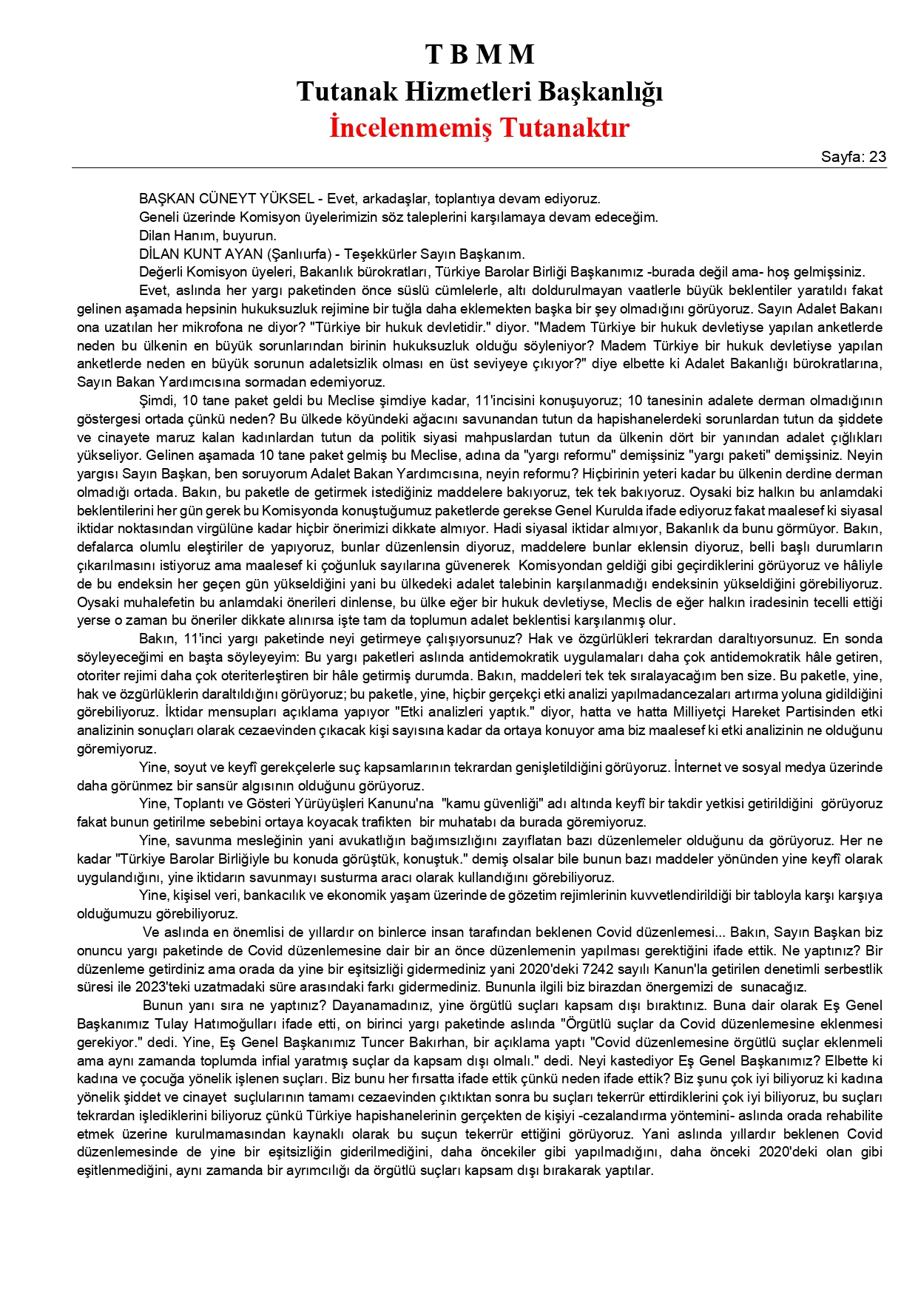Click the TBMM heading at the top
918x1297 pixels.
coord(479,55)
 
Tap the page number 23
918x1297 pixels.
coord(877,157)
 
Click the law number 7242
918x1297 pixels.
coord(597,969)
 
